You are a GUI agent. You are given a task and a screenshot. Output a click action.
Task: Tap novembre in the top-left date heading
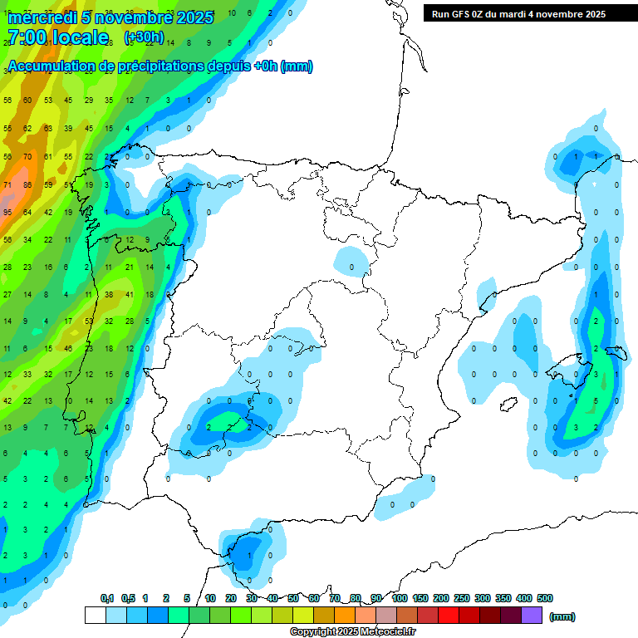point(131,17)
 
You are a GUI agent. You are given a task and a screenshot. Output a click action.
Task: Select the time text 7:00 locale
point(58,38)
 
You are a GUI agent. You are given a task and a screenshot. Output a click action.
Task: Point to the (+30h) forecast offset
point(144,38)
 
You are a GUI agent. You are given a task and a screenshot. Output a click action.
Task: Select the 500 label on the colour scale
point(545,598)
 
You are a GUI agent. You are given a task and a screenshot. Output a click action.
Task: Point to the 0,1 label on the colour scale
point(107,598)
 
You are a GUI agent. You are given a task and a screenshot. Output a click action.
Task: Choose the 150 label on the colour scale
point(420,598)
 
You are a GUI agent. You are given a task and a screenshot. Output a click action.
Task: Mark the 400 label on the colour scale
point(524,598)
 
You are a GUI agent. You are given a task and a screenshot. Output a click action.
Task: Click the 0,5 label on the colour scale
point(128,598)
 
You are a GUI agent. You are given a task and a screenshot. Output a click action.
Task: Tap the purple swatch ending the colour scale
point(532,616)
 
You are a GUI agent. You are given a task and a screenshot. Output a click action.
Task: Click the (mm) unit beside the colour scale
point(562,616)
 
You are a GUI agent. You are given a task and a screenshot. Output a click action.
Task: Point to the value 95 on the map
point(7,213)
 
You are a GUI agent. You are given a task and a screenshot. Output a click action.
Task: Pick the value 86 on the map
point(27,184)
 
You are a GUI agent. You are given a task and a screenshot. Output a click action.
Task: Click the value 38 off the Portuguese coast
point(109,295)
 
